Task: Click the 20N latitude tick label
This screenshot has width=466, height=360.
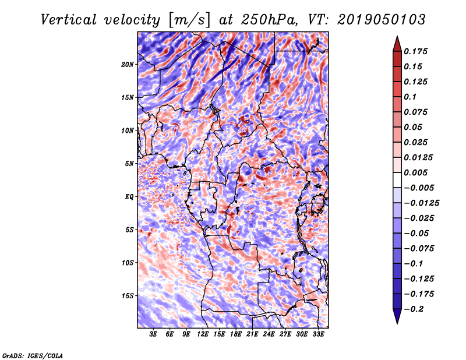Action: [x=128, y=64]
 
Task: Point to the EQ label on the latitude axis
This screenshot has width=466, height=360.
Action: [x=129, y=197]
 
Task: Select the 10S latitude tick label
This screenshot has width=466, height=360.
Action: [x=128, y=263]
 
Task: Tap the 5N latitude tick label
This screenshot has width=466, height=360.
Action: [x=129, y=164]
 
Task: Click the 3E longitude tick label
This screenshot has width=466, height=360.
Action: [x=154, y=334]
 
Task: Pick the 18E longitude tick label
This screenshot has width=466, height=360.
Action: [x=236, y=334]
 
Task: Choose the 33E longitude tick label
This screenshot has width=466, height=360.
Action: [x=318, y=334]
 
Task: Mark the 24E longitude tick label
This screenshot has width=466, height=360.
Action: [x=269, y=334]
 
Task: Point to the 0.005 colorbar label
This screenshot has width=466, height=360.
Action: [x=418, y=172]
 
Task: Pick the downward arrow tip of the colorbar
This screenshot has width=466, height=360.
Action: [x=396, y=322]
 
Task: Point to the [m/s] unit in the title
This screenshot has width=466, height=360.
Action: [x=188, y=19]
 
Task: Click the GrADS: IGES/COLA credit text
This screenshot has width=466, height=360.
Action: [x=33, y=355]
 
